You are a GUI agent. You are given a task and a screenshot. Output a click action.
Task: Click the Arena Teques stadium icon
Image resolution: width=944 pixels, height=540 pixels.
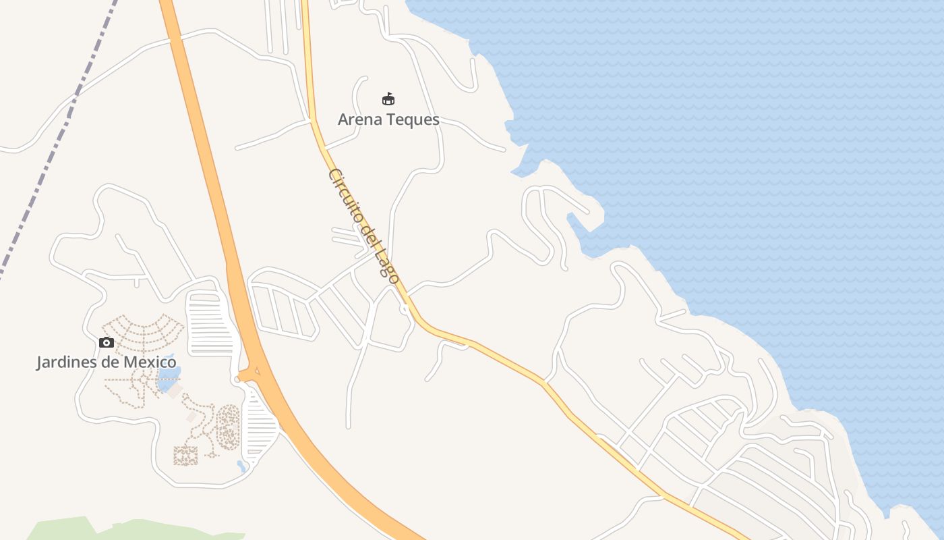coord(388,99)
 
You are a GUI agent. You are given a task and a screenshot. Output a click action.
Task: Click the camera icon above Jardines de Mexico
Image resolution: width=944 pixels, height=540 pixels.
coord(107,342)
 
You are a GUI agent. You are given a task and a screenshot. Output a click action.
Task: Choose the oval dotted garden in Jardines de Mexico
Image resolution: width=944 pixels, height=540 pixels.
coord(228,427)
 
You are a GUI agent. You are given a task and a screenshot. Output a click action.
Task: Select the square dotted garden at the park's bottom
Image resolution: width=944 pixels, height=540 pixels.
coord(185,456)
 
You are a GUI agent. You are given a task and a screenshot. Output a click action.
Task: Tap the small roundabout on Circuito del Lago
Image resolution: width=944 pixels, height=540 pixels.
coord(404,309)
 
